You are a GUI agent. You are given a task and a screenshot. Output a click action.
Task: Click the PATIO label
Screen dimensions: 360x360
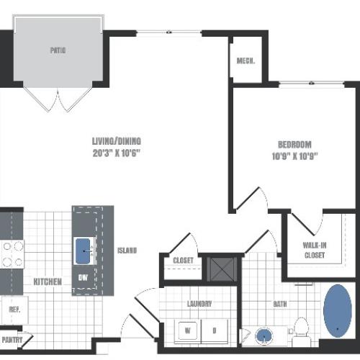(58, 51)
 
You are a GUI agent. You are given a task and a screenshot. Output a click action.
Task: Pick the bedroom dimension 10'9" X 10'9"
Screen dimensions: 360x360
(294, 154)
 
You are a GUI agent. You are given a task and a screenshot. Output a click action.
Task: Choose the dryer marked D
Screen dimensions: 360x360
(215, 330)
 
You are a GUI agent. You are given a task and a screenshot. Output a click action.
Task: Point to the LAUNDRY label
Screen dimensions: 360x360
(199, 304)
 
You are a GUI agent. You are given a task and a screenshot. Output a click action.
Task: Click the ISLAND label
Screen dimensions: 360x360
(127, 251)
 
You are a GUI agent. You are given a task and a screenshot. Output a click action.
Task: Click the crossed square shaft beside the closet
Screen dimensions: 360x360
(217, 269)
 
